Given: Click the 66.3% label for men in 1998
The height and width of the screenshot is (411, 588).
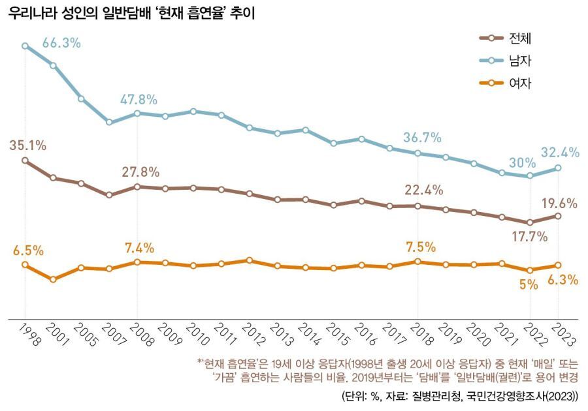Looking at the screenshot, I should pos(61,43).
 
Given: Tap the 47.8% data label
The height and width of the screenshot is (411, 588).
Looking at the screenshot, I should pos(138,100).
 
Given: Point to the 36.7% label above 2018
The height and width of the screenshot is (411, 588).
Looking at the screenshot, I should pos(422,138).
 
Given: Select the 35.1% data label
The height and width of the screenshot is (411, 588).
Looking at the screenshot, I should pos(27,145).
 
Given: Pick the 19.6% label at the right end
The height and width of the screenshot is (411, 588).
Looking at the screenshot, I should pos(560,203).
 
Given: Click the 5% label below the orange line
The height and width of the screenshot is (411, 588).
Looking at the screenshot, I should pos(528,284).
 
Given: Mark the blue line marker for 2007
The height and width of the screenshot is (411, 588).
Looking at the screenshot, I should pos(109,123).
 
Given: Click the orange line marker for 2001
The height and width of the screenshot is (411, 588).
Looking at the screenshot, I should pos(53,279).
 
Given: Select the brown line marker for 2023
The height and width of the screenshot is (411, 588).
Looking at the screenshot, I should pos(557,215).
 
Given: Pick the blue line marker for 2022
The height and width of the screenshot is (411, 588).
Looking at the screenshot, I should pos(530,176).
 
